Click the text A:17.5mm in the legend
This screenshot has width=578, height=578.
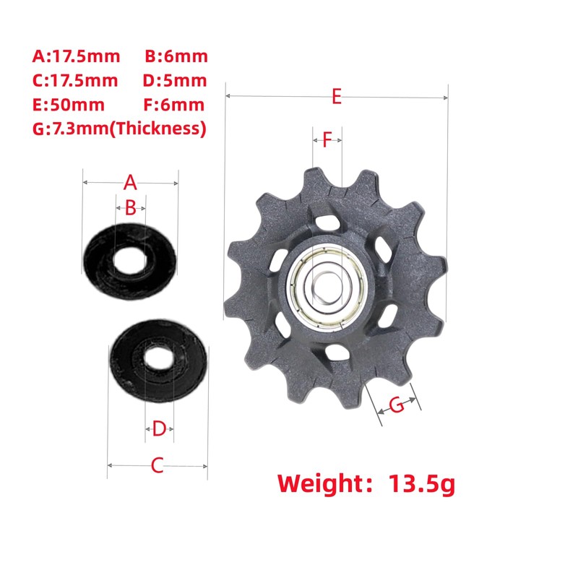pyautogui.click(x=77, y=56)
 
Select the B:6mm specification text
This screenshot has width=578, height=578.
pyautogui.click(x=176, y=56)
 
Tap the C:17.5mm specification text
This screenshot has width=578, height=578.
pyautogui.click(x=75, y=81)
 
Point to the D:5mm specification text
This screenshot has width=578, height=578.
pyautogui.click(x=175, y=81)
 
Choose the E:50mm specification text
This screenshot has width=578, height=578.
pyautogui.click(x=69, y=105)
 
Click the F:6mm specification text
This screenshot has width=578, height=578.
pyautogui.click(x=173, y=105)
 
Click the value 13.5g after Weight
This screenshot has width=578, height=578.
pyautogui.click(x=422, y=483)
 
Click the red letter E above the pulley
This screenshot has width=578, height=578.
pyautogui.click(x=337, y=97)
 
